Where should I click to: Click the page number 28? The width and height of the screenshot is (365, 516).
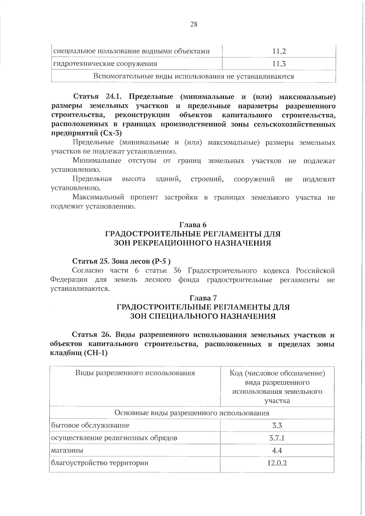coord(193,24)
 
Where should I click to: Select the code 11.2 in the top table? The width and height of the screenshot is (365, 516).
coord(279,51)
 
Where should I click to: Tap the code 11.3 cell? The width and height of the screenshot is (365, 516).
coord(279,64)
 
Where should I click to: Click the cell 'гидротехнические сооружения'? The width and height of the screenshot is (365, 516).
coord(105,64)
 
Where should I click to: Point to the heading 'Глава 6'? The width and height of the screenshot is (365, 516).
coord(193,225)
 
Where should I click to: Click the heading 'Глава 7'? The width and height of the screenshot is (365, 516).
coord(203,298)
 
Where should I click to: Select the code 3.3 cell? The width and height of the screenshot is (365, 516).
coord(277,425)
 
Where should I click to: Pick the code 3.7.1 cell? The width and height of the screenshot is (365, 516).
coord(277,438)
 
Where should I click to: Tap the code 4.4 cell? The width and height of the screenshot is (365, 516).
coord(277,450)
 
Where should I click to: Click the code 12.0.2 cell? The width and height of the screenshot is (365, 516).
coord(277,463)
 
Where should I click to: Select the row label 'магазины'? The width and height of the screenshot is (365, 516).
coord(67,450)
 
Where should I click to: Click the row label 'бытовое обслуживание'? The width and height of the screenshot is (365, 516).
coord(90,425)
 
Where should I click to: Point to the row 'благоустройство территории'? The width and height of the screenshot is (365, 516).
coord(100,463)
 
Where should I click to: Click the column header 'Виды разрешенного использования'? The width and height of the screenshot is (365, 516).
coord(135,373)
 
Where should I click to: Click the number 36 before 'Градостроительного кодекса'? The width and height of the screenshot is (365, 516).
coord(177,271)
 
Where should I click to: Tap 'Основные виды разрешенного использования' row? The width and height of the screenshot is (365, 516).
coord(192,413)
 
